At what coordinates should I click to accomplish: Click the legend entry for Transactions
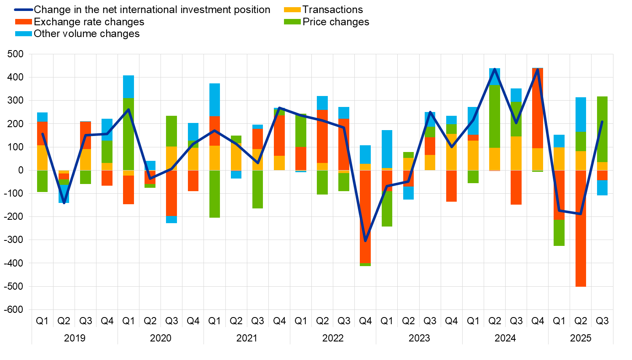(332, 10)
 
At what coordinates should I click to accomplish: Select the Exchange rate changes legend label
(89, 22)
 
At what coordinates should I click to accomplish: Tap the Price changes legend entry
(335, 22)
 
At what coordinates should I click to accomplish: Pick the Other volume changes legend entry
(86, 34)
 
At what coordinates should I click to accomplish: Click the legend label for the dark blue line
(152, 10)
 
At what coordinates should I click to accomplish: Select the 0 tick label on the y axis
(20, 170)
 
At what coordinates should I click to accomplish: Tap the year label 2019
(75, 338)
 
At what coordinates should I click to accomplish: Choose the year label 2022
(333, 338)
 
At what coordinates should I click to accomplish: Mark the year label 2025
(581, 338)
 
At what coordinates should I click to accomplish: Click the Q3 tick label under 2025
(602, 321)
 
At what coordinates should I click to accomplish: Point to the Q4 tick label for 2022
(365, 321)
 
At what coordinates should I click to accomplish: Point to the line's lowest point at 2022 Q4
(365, 241)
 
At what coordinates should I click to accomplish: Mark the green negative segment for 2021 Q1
(214, 194)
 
